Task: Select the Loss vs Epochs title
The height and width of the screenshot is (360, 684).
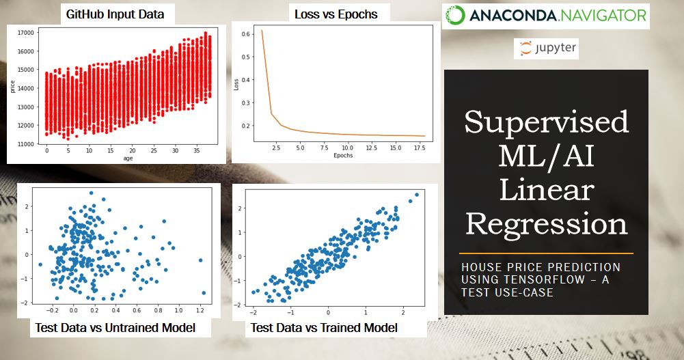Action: point(336,13)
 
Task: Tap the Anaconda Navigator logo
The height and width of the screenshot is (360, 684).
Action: point(545,15)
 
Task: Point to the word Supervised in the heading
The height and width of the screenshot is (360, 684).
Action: point(546,122)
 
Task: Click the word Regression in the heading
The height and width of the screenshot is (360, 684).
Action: point(546,223)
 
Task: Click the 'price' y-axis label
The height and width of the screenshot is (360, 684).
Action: point(12,88)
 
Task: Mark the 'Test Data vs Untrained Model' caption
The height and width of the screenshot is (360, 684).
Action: point(115,329)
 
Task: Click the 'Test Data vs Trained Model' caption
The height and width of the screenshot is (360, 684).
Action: point(324,329)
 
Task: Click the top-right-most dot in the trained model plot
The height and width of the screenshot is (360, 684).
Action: point(416,195)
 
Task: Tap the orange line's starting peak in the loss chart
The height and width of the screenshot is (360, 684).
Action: point(262,30)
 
